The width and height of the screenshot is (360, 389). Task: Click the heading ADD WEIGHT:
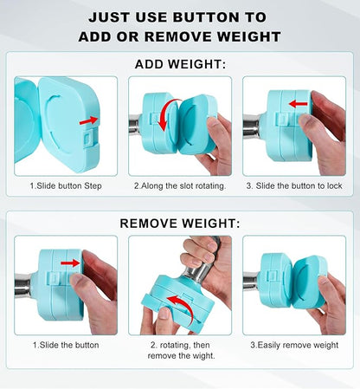(x=179, y=63)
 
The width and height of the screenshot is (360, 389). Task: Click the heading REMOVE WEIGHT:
(x=179, y=224)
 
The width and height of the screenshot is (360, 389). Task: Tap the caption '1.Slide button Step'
(x=64, y=185)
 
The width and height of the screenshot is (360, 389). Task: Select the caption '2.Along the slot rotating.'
(x=179, y=185)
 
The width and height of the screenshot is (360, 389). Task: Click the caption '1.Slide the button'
(x=65, y=344)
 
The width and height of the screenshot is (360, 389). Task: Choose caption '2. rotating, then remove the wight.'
(x=179, y=350)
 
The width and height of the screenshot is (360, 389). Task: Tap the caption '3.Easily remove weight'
(x=293, y=344)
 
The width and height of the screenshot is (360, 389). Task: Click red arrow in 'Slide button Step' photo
(x=88, y=120)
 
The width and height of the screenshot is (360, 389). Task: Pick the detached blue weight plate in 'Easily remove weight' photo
(x=307, y=283)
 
